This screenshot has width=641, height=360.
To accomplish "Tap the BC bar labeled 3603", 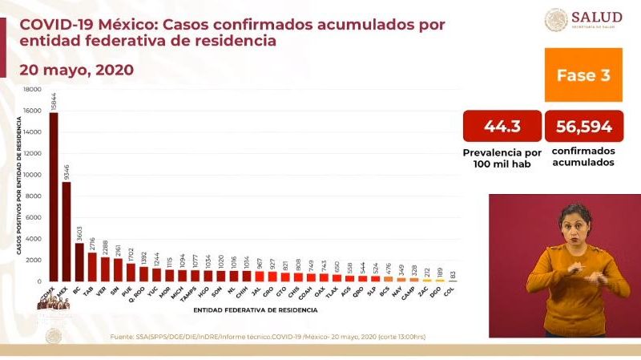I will click(x=79, y=261).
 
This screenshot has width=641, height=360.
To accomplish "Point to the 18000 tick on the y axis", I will click(x=33, y=90).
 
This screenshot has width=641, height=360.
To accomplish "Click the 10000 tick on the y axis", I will click(x=33, y=175).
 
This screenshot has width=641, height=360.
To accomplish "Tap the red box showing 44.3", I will click(x=502, y=126).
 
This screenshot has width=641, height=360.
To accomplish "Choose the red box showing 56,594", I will click(x=584, y=126).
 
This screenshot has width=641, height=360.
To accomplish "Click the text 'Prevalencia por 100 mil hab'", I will click(x=502, y=156).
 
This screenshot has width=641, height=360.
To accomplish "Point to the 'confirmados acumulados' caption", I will click(x=584, y=156).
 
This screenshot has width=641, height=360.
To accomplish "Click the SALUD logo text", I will click(x=597, y=18).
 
